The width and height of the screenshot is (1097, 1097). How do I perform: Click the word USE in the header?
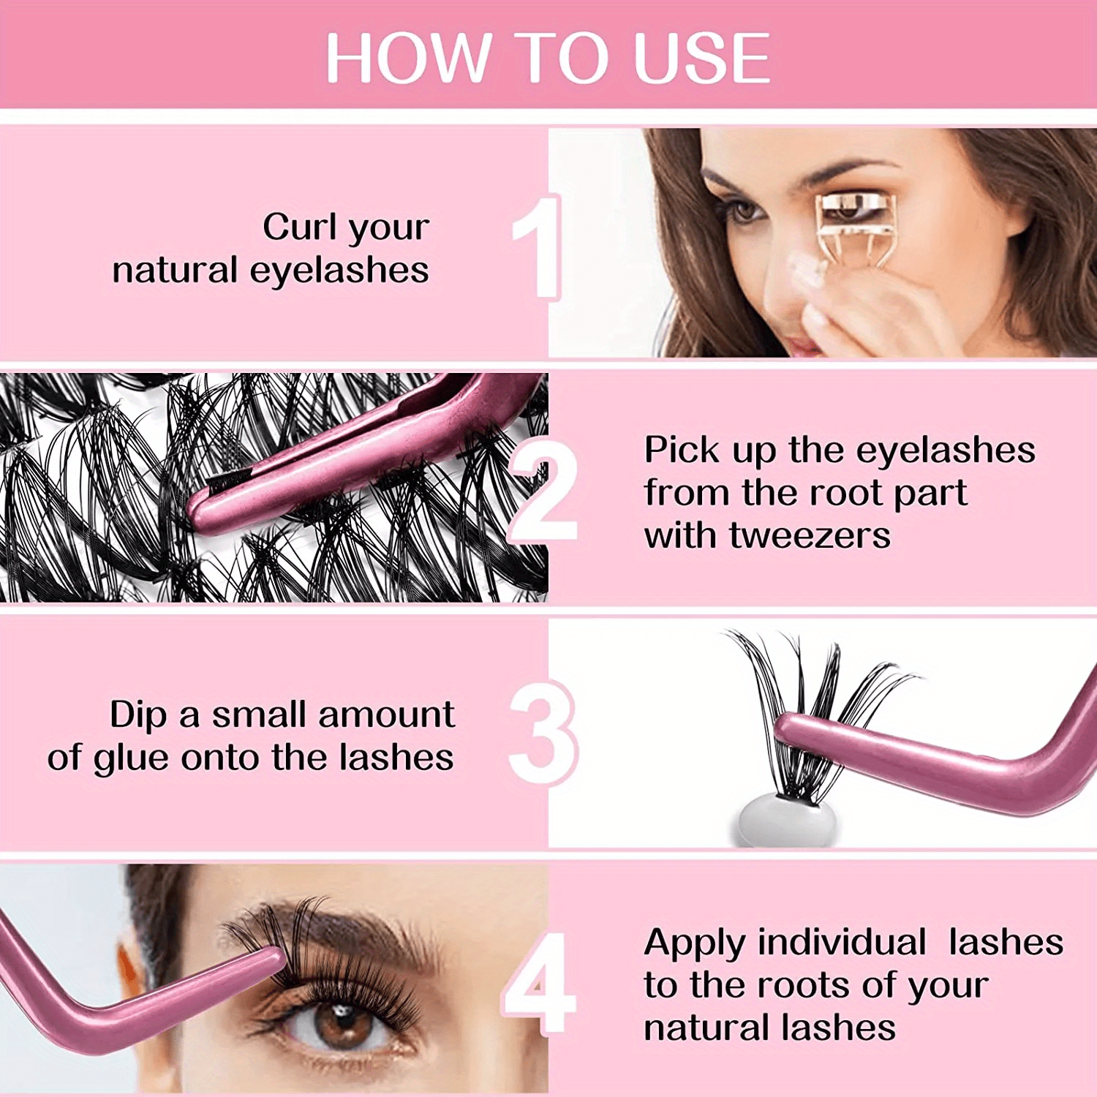(x=702, y=59)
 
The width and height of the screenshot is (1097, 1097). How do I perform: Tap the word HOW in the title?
(x=407, y=59)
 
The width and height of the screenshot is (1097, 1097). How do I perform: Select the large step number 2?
(x=543, y=490)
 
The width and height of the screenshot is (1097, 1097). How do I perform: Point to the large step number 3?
(x=543, y=734)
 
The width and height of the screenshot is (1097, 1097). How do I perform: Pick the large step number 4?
(x=540, y=984)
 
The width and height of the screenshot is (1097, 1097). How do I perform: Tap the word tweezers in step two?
(x=810, y=535)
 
